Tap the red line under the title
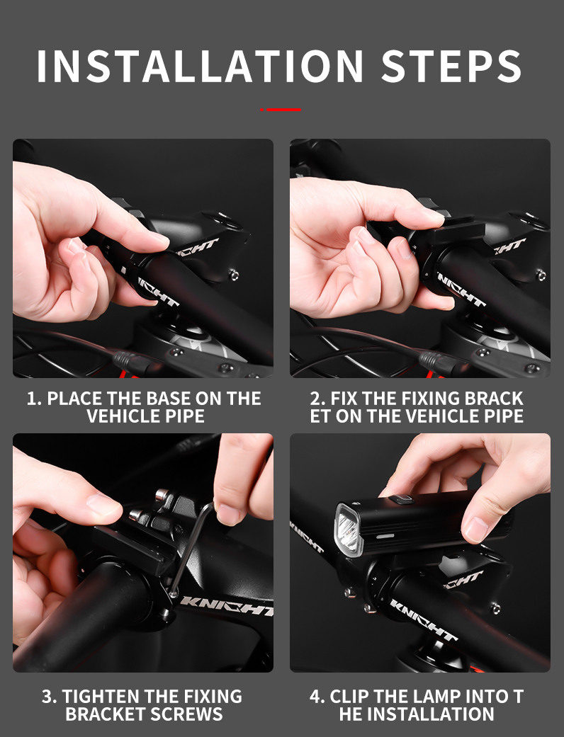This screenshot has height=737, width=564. [281, 110]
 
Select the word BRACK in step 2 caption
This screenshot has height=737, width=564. [494, 399]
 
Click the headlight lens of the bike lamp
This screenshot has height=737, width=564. [349, 530]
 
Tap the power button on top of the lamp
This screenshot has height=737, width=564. [401, 499]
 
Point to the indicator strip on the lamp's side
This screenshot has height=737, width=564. [385, 535]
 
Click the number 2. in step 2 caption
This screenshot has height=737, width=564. [317, 399]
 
